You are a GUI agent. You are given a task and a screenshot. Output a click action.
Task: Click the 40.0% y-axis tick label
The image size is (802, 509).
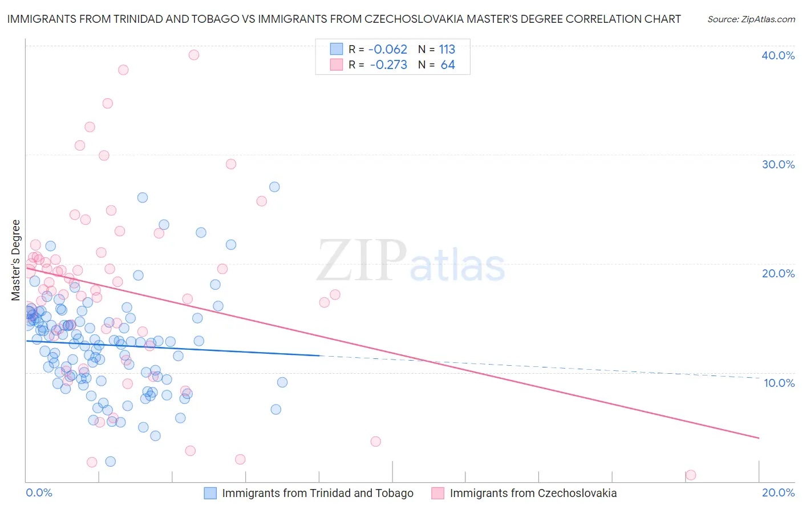(x=778, y=55)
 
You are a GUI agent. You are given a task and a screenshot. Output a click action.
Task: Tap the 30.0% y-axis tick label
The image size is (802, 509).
(x=778, y=164)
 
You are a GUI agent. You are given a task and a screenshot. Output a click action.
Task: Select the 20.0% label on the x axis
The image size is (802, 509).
(x=778, y=492)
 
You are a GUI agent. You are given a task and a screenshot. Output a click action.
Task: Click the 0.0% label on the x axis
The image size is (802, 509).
(x=39, y=492)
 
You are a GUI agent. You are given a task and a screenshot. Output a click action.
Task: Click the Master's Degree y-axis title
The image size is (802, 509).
(x=16, y=260)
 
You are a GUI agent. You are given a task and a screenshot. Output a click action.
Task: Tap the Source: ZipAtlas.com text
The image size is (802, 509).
(x=751, y=19)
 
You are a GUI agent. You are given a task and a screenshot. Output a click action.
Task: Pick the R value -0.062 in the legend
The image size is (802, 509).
(x=388, y=49)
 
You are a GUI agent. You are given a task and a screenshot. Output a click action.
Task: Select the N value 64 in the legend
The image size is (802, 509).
(x=448, y=65)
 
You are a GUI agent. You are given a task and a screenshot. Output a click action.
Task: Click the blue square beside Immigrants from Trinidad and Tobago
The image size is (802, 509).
(x=210, y=493)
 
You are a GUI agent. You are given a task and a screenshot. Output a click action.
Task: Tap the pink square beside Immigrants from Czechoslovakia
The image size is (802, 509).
(x=438, y=493)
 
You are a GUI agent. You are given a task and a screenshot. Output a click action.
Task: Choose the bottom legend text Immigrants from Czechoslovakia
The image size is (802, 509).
(x=533, y=493)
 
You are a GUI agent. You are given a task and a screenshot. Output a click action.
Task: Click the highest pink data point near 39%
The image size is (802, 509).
(x=194, y=55)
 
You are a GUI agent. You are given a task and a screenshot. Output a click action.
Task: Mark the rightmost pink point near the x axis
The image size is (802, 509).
(x=691, y=475)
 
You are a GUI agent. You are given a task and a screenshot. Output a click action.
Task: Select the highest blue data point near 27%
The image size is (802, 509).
(x=274, y=187)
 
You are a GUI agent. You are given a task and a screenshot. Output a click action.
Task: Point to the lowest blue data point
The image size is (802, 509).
(x=111, y=461)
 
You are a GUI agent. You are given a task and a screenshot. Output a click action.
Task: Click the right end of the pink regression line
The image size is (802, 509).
(x=759, y=438)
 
